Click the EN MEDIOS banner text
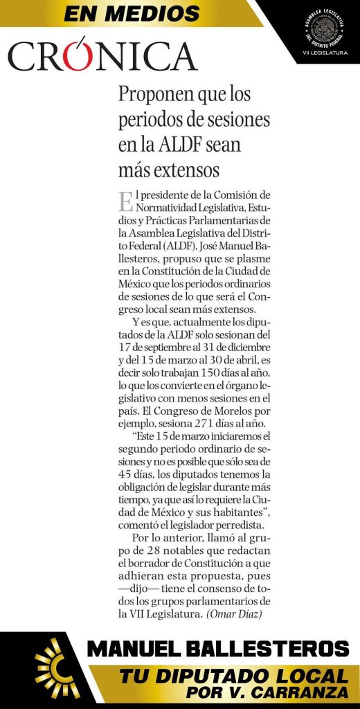(x=132, y=13)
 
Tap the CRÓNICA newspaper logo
(x=102, y=56)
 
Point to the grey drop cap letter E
(x=125, y=202)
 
